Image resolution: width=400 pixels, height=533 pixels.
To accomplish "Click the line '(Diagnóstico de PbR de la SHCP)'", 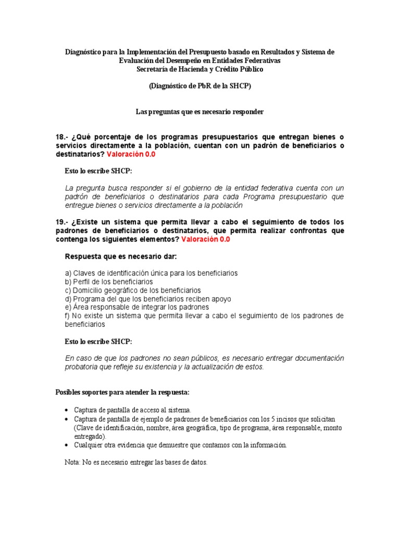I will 200,86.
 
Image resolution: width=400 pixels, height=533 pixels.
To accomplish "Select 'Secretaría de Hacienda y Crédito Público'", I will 200,69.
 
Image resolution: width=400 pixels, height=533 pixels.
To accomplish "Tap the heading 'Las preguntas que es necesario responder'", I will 200,112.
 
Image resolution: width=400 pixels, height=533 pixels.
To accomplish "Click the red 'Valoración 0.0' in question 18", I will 131,155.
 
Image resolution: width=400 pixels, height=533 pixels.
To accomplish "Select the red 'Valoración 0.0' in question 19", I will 205,239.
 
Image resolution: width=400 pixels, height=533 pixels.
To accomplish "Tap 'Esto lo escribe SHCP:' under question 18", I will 98,171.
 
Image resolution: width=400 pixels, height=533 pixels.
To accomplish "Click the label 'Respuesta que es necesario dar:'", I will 120,257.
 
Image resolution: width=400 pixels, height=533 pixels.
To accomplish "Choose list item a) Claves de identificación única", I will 151,273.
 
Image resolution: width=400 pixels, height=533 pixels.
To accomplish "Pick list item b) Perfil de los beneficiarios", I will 109,282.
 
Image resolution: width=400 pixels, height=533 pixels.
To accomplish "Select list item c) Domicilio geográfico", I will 133,290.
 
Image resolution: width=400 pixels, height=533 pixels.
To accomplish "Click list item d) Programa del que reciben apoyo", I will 148,299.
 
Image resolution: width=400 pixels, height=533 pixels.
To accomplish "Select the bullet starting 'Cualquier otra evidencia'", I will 180,445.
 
